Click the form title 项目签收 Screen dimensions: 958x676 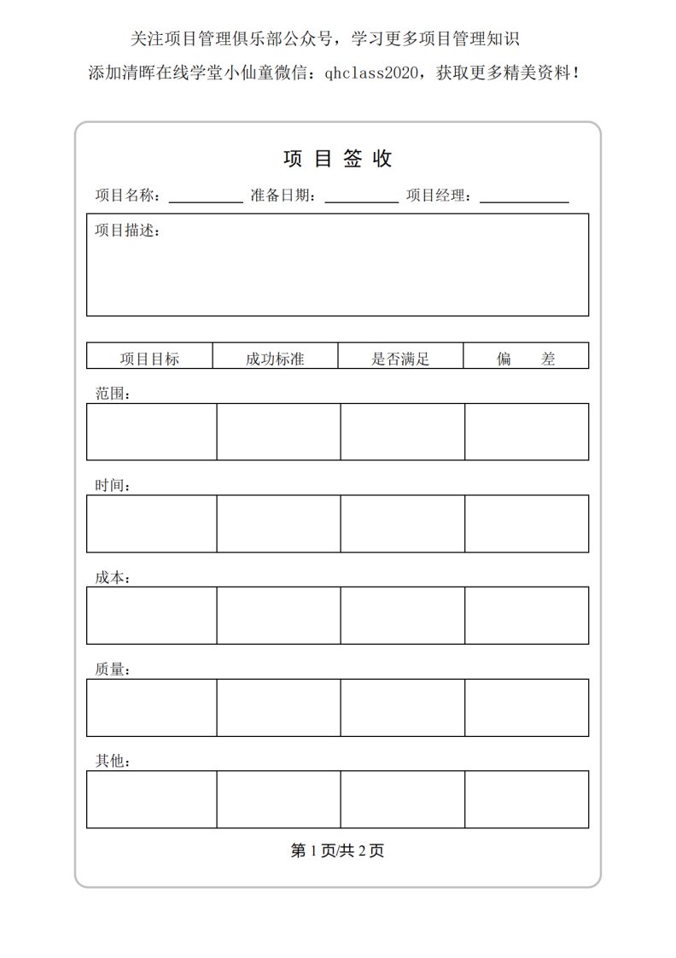click(337, 159)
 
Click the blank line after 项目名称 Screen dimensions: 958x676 click(206, 197)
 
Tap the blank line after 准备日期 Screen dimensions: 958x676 click(361, 197)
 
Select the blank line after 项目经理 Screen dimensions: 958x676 click(524, 197)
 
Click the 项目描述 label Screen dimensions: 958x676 click(127, 231)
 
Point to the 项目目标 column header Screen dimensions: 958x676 click(149, 359)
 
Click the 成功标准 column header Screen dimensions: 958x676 click(275, 359)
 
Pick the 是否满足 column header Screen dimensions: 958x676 click(400, 359)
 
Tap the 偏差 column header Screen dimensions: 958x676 click(526, 359)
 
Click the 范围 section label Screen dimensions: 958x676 click(112, 394)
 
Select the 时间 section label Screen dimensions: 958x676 click(112, 486)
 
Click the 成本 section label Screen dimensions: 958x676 click(112, 578)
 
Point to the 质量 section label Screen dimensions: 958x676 click(112, 670)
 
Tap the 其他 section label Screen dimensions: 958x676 click(112, 762)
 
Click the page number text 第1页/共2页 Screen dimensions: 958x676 click(337, 850)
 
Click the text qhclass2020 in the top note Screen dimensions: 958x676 click(373, 73)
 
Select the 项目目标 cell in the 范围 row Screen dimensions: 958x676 click(151, 432)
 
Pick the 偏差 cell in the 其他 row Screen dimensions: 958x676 click(527, 799)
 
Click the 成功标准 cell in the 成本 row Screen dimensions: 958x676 click(278, 616)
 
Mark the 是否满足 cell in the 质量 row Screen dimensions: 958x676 click(402, 708)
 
